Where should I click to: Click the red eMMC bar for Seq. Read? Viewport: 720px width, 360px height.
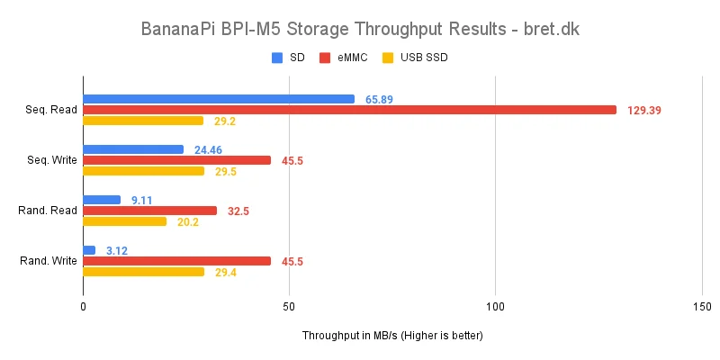point(349,110)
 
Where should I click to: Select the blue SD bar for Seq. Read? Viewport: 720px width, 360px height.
point(219,99)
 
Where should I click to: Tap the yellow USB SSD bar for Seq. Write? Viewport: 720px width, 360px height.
point(143,171)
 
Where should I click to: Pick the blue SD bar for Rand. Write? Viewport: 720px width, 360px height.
point(89,250)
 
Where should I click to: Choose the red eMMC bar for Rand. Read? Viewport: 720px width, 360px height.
point(149,211)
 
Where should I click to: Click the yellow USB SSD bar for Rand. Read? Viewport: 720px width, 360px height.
point(124,221)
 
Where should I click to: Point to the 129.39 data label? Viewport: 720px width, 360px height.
point(644,110)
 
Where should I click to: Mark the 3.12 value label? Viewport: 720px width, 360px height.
point(117,250)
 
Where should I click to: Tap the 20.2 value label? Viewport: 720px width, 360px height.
point(186,221)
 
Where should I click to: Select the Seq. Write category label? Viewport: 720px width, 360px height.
point(50,160)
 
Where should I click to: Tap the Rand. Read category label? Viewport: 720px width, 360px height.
point(49,211)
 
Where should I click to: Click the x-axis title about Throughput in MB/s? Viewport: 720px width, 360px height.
point(392,336)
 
